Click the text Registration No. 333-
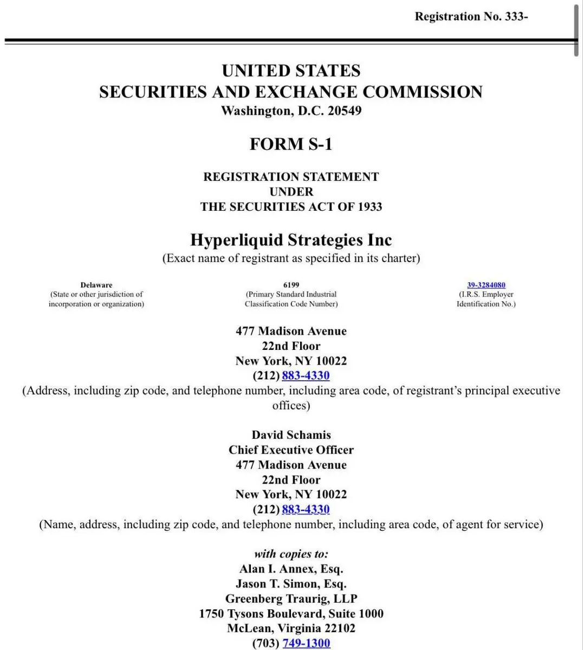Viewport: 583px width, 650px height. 471,17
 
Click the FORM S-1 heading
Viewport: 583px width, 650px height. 291,144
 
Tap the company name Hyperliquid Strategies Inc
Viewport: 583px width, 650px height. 291,240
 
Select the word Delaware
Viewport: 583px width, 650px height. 96,285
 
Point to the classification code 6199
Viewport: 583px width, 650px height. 291,285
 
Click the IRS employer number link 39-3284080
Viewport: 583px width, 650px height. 486,285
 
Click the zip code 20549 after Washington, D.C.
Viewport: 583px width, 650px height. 344,111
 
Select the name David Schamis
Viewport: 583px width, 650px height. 291,435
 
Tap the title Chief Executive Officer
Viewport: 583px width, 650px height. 291,450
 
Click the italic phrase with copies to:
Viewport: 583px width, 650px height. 291,554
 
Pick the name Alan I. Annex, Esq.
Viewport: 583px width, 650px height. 291,569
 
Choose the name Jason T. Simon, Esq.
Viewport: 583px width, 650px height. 291,584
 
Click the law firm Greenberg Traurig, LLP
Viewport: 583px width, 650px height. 291,599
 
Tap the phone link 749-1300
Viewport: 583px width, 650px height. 306,643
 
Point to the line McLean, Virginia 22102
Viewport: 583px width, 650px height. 291,628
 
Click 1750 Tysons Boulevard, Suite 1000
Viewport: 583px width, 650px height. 291,614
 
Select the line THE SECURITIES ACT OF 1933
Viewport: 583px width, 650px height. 291,207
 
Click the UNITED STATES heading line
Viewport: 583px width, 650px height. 291,71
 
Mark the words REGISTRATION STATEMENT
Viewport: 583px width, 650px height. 291,177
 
